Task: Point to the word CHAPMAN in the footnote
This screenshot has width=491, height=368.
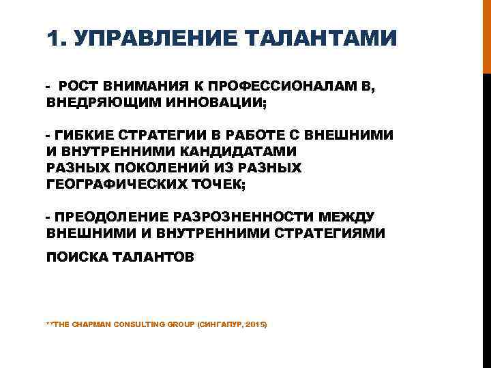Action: [94, 325]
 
